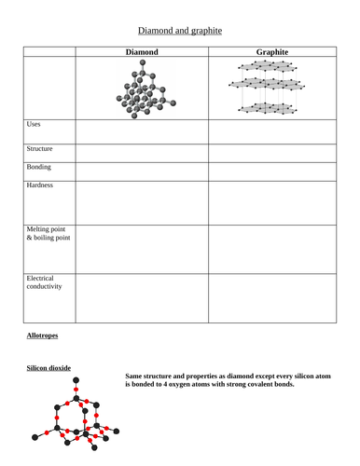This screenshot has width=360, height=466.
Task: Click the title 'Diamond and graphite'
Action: coord(180,30)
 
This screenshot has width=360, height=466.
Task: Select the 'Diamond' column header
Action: coord(142,51)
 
